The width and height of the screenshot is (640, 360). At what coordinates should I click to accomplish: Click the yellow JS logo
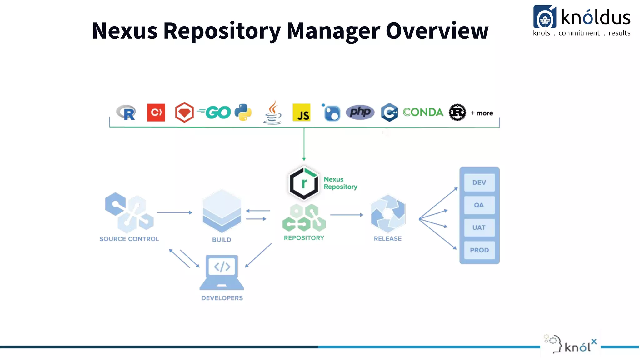point(302,113)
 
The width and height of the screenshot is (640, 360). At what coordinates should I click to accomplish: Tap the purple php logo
point(360,112)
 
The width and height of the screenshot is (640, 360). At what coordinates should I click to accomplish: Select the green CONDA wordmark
point(423,112)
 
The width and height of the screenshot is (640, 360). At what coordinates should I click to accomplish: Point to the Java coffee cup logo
point(272,113)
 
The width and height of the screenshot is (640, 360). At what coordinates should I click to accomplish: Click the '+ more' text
point(482,113)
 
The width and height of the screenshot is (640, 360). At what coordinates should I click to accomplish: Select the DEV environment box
point(479,182)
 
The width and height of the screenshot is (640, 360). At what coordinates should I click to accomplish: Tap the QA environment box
point(479,205)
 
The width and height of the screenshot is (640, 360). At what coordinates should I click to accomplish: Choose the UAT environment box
point(479,228)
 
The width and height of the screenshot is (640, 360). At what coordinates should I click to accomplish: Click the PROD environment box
point(479,250)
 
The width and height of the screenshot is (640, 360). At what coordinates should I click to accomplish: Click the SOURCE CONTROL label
point(129,239)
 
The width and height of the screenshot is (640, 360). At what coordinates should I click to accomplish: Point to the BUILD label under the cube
point(222,240)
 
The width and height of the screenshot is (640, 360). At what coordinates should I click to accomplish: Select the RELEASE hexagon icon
point(388,214)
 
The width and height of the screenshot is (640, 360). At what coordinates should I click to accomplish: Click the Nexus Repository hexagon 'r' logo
point(304,183)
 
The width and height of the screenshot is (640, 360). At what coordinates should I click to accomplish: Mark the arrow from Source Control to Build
point(174,212)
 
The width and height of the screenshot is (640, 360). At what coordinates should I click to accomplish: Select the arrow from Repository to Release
point(347,215)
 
